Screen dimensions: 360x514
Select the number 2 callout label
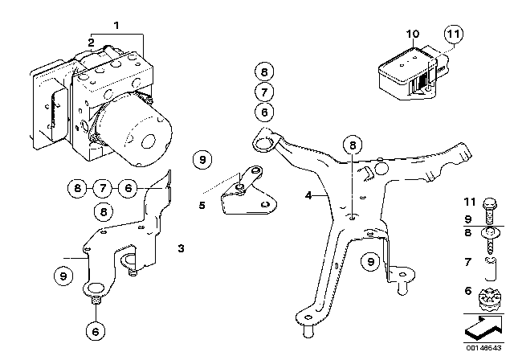tap(92, 42)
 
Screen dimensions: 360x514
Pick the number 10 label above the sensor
tap(413, 34)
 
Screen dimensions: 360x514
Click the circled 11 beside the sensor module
tap(453, 35)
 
